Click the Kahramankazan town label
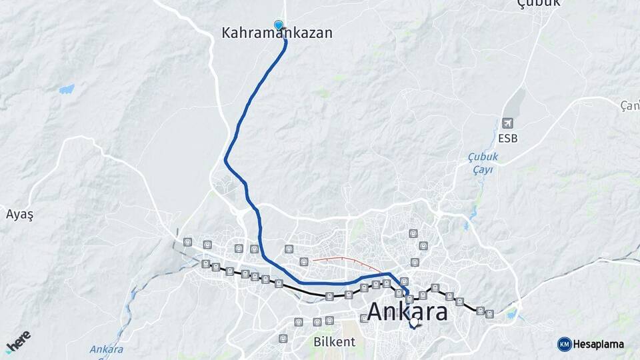(x=277, y=32)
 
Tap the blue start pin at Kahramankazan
(x=279, y=25)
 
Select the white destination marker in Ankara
(x=414, y=323)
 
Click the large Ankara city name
(x=407, y=311)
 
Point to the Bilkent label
(x=334, y=341)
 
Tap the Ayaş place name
(x=19, y=215)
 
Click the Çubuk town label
(x=539, y=3)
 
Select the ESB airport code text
(x=507, y=139)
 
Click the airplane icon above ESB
(x=508, y=123)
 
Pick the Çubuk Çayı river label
(x=483, y=163)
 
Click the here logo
(x=18, y=341)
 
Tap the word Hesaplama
(x=598, y=344)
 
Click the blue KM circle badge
(x=564, y=344)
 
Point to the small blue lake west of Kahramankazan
(x=67, y=89)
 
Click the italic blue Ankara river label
(x=107, y=349)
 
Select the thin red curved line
(x=339, y=259)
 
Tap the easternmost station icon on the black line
(x=490, y=313)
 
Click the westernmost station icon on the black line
(x=205, y=264)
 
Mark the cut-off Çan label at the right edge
(x=630, y=105)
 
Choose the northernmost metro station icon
(x=413, y=234)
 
